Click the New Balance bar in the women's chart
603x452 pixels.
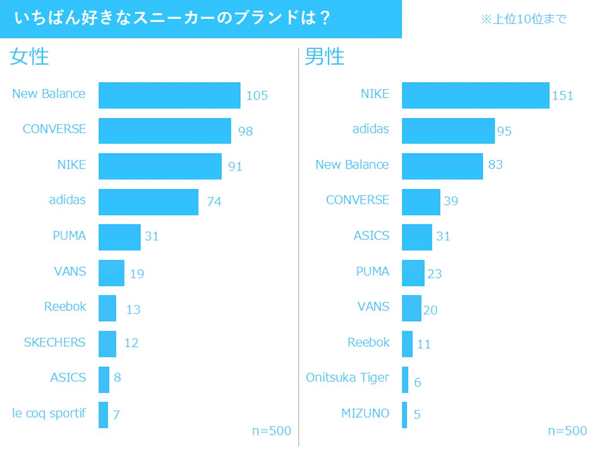coord(169,95)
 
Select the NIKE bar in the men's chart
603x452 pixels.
coord(475,95)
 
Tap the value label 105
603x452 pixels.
coord(257,96)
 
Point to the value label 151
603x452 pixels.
coord(562,96)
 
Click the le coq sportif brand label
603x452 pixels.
coord(48,413)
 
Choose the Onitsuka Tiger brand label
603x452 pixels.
coord(347,378)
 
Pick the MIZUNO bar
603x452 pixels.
coord(404,415)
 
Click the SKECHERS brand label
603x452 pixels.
coord(54,343)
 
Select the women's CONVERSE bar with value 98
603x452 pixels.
coord(165,130)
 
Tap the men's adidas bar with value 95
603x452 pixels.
coord(448,130)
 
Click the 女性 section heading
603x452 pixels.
coord(29,57)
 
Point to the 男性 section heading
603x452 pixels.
coord(324,57)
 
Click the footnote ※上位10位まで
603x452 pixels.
coord(524,19)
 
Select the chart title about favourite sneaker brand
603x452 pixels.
coord(172,18)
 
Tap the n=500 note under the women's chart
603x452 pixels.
coord(271,431)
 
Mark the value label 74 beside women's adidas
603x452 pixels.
coord(214,202)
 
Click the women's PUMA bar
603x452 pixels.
coord(119,237)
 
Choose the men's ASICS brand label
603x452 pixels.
coord(371,236)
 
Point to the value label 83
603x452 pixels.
coord(495,165)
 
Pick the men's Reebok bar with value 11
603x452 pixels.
coord(407,344)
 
